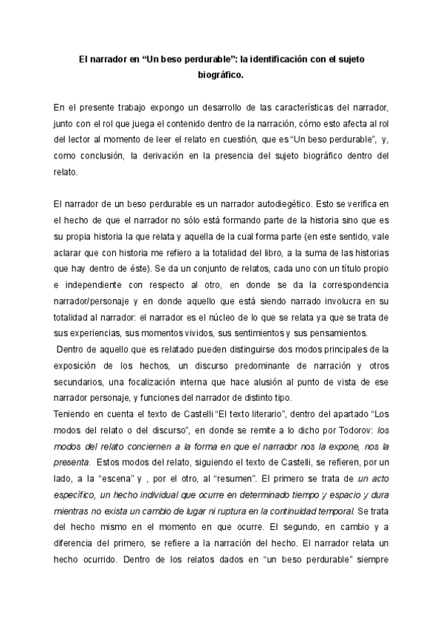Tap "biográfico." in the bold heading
click(221, 74)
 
